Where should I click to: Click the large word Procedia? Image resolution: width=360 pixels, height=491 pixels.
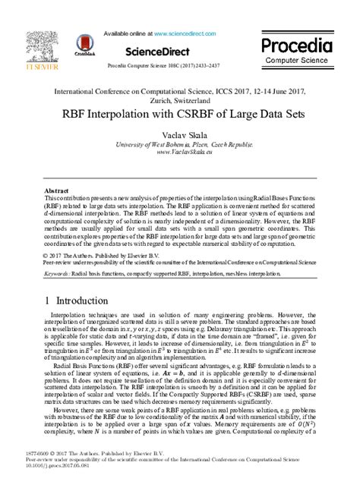(x=297, y=44)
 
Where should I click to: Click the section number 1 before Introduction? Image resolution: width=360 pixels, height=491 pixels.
(x=48, y=300)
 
